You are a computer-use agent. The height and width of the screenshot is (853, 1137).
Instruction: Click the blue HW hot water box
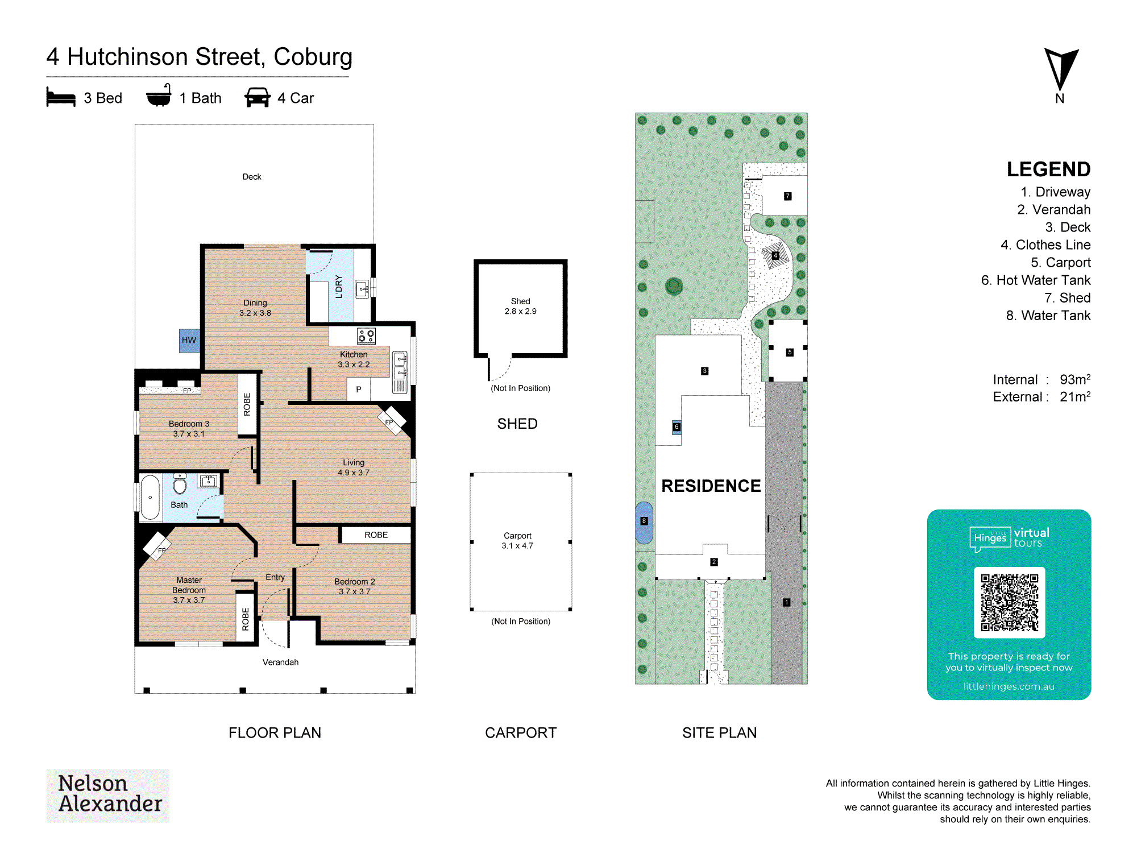(189, 340)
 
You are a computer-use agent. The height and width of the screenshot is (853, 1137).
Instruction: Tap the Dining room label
(255, 303)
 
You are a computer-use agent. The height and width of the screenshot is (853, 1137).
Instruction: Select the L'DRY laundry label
(339, 287)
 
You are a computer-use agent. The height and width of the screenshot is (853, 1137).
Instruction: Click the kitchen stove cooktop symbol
(366, 336)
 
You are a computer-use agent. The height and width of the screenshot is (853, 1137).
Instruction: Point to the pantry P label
(359, 390)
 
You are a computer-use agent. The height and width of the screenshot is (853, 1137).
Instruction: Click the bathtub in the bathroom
(150, 498)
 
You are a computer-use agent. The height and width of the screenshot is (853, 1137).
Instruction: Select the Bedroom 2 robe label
(376, 535)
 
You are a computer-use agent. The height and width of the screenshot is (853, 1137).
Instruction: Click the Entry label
(275, 577)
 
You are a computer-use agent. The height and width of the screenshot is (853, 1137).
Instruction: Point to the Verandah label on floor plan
(280, 662)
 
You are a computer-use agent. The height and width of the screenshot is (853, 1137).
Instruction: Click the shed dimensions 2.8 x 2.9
(520, 311)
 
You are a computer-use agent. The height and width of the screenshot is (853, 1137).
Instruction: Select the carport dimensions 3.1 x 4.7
(517, 545)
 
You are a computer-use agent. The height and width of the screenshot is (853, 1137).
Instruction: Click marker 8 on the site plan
(644, 521)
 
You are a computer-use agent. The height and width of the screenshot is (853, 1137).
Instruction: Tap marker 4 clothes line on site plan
(775, 255)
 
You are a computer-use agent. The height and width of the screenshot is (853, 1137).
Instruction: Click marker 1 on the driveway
(787, 602)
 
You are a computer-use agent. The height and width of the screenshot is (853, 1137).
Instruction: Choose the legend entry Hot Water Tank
(1036, 280)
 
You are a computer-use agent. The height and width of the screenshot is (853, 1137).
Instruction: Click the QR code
(1009, 602)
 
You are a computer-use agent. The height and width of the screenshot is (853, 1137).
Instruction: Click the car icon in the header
(258, 97)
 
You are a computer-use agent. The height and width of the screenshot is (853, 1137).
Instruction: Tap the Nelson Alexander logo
(108, 795)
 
